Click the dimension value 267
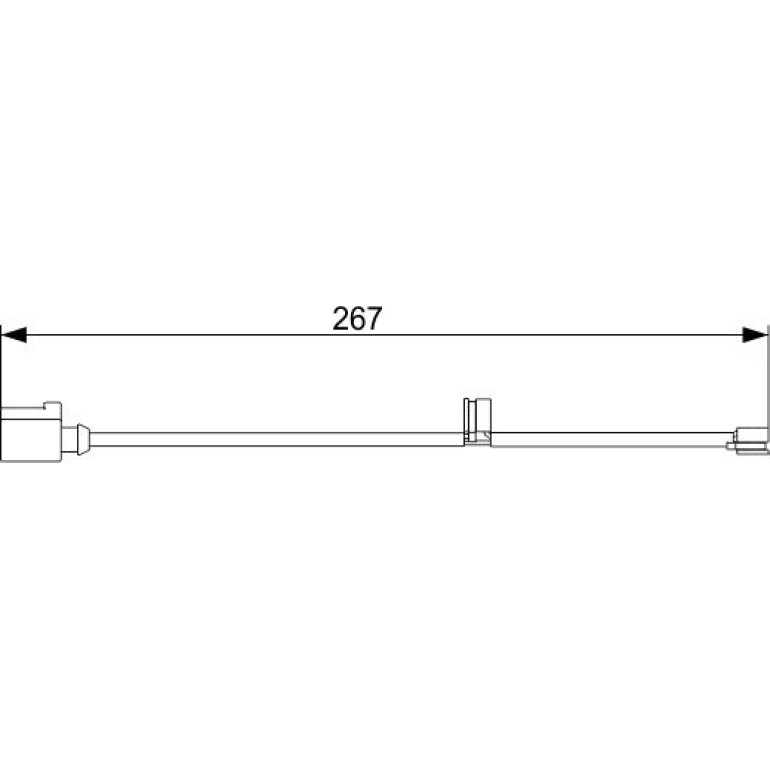tap(357, 318)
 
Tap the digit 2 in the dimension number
tap(340, 318)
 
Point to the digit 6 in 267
tap(357, 318)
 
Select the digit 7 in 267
tap(374, 318)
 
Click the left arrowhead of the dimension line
tap(14, 335)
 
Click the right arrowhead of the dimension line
tap(755, 335)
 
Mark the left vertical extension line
tap(1, 393)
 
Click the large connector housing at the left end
tap(31, 432)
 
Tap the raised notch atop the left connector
tap(53, 405)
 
